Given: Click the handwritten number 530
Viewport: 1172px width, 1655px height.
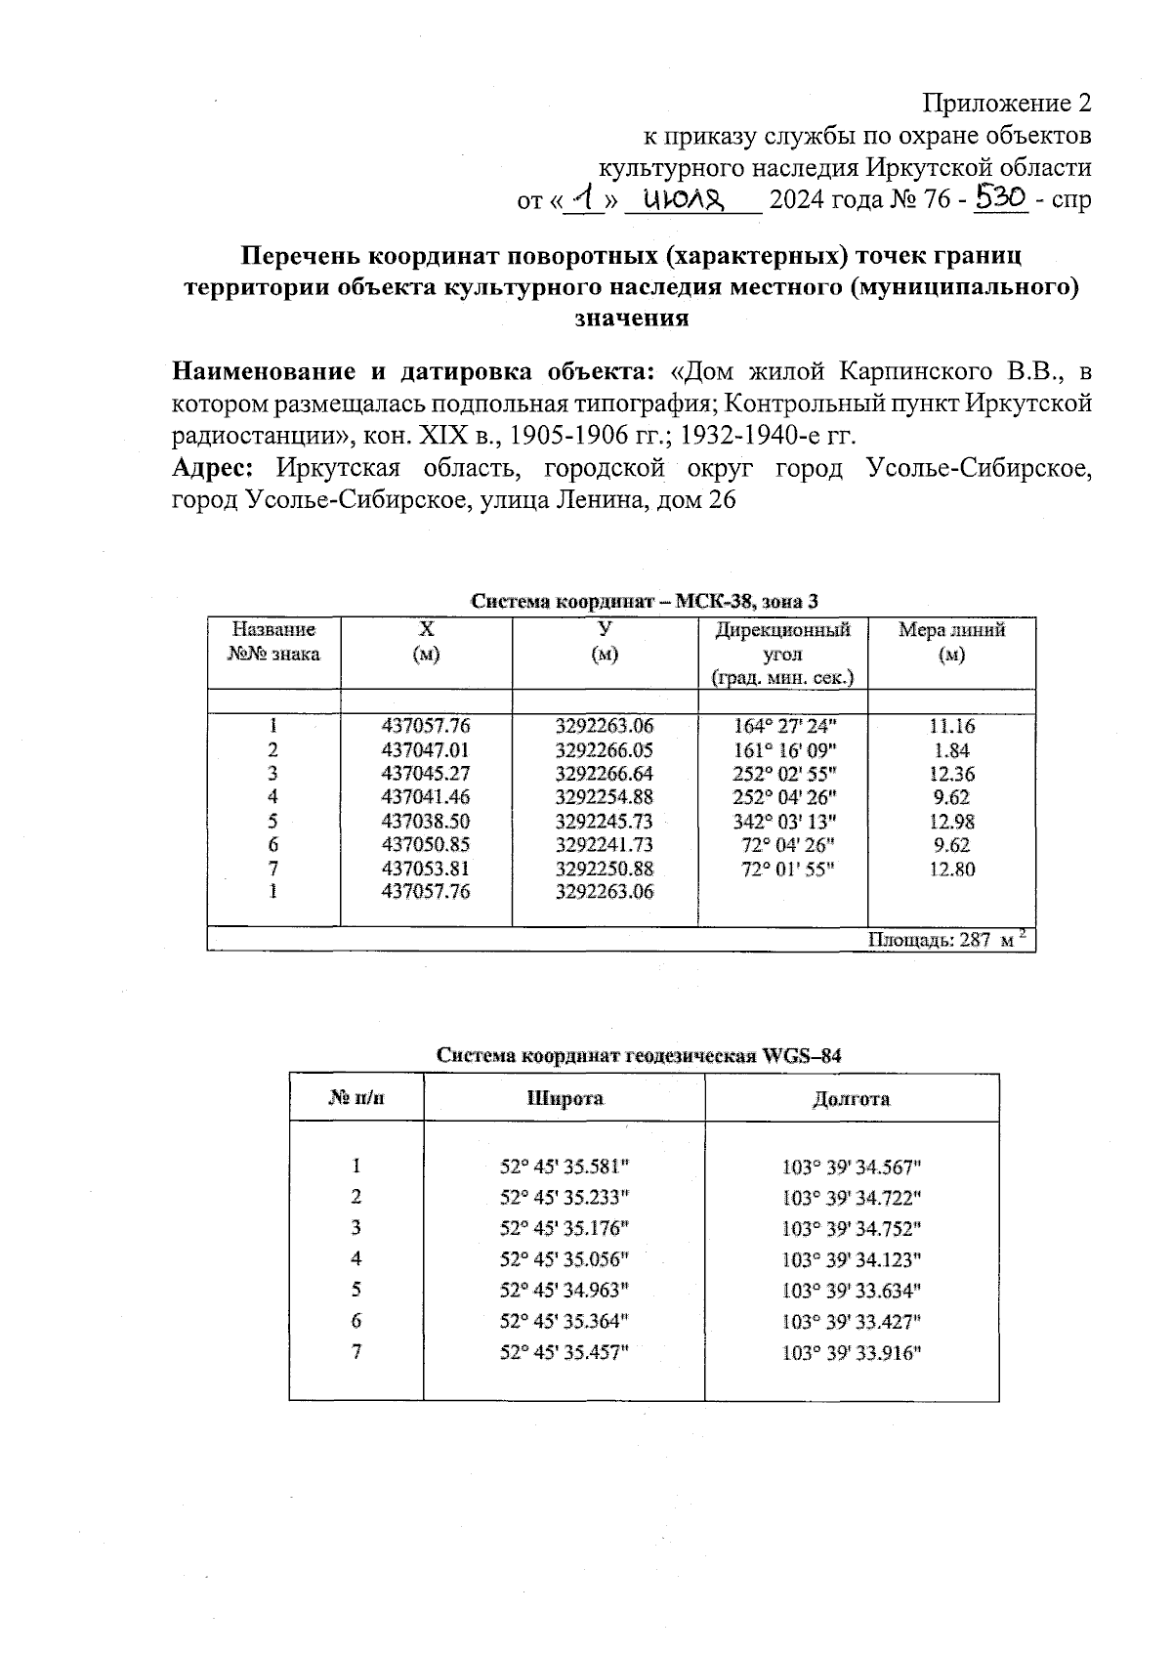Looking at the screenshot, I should pos(1002,198).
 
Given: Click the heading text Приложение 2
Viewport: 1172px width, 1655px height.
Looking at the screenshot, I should pos(1007,103).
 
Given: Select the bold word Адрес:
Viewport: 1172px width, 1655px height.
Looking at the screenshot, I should pos(213,468).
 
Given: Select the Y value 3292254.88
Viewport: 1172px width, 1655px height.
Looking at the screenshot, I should pos(604,797).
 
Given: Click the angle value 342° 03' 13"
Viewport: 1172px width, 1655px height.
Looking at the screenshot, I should pos(784,822).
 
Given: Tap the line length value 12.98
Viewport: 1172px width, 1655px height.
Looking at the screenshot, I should pos(951,822).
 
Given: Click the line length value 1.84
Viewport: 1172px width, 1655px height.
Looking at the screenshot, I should pos(951,750).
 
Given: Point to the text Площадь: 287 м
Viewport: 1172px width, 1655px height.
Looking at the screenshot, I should pos(942,940).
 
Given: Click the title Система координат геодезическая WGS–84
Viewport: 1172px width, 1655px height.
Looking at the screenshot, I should pos(639,1056).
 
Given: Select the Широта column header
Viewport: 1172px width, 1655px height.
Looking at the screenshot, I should pos(565,1098).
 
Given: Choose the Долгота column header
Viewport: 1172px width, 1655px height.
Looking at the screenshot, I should pos(851,1098).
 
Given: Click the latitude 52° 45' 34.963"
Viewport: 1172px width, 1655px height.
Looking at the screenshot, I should pos(565,1290).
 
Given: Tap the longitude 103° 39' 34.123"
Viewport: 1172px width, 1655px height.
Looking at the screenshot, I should pos(852,1259).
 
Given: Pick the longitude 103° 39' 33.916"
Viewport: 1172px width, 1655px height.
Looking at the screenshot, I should pos(852,1353).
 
